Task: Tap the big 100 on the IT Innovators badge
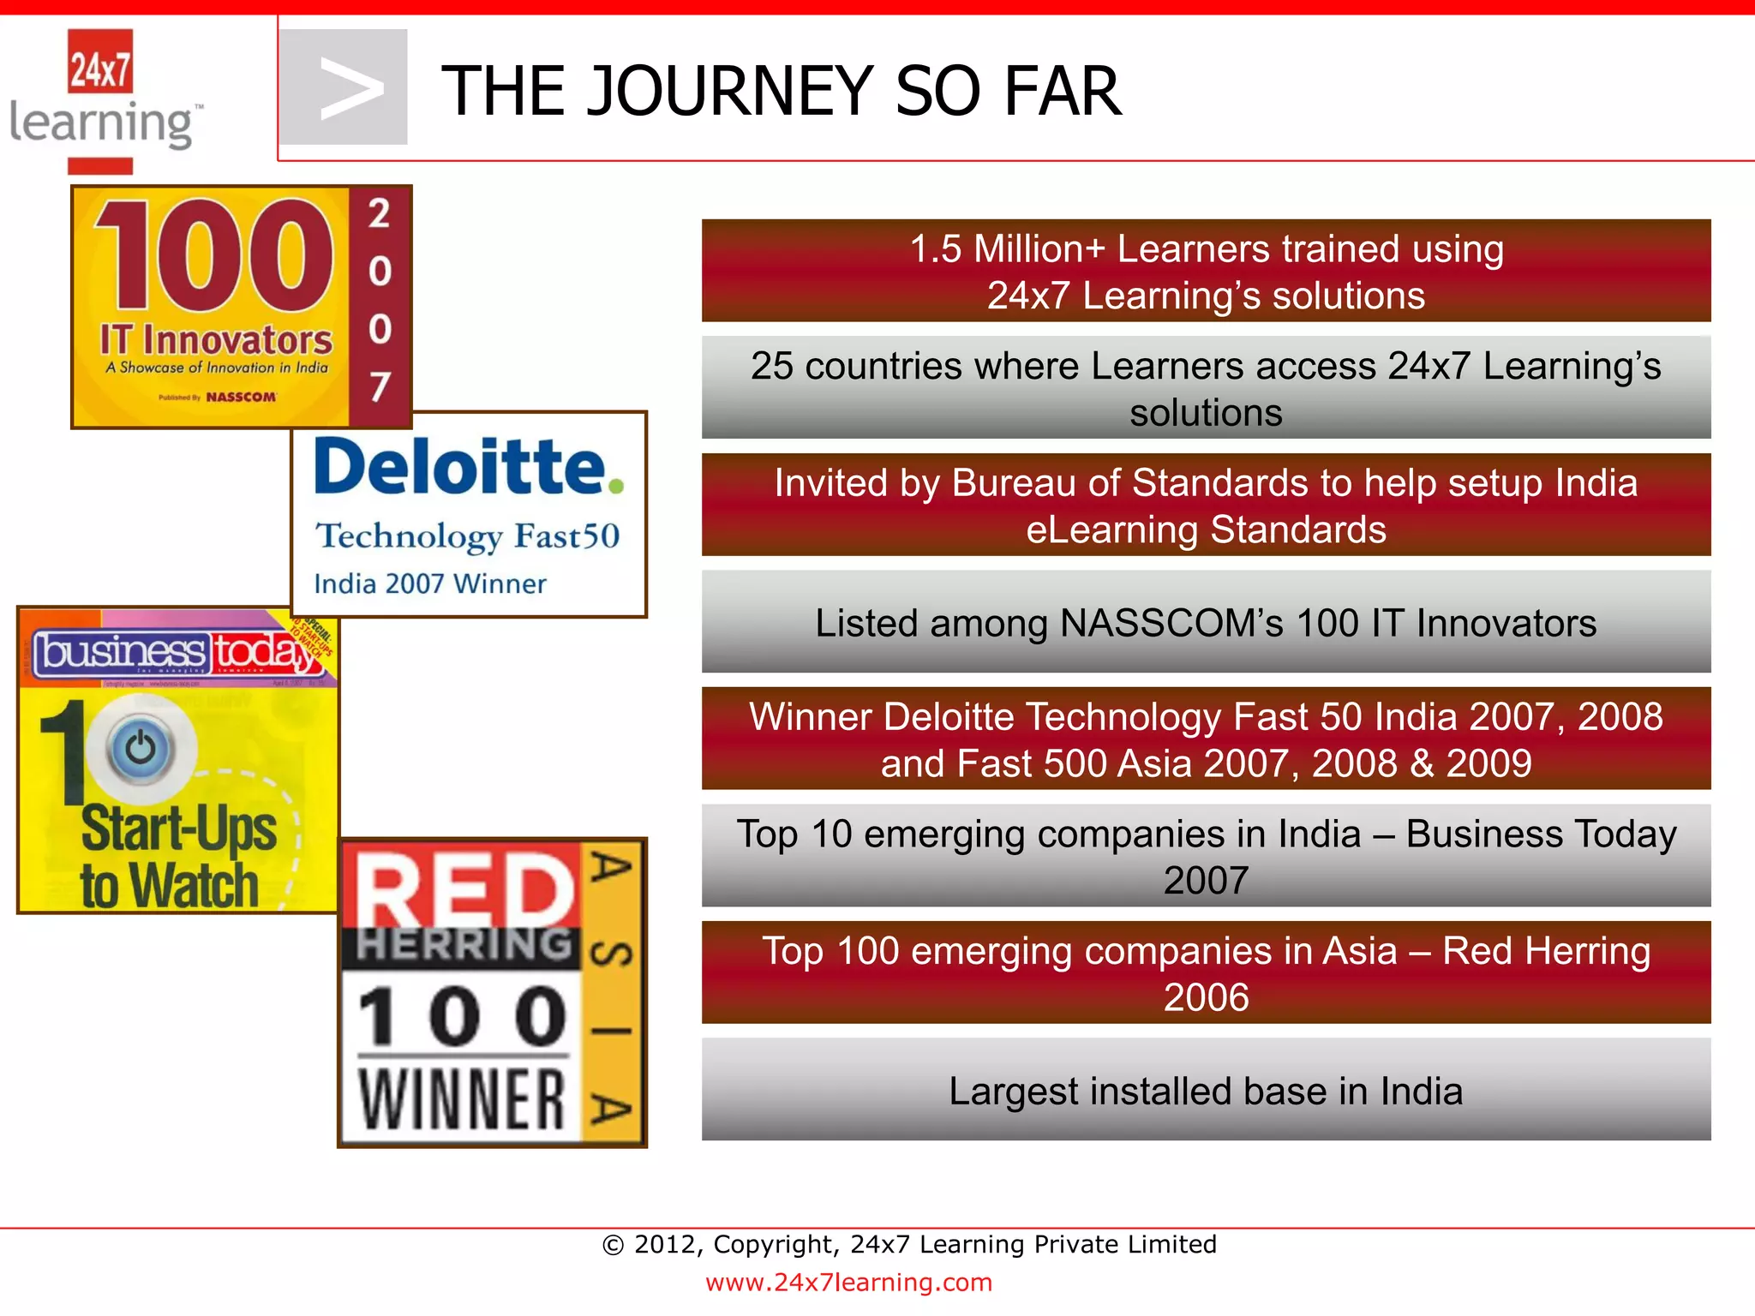click(213, 254)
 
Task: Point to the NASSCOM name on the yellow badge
click(241, 397)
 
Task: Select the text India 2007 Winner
click(429, 584)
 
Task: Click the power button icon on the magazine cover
click(141, 749)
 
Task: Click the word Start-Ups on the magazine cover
click(178, 829)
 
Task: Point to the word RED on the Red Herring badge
click(463, 888)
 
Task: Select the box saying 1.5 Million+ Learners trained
click(1205, 271)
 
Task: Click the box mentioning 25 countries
click(1205, 388)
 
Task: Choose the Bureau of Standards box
click(1205, 505)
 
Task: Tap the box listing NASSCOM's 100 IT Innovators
click(1205, 623)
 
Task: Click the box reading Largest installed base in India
click(1205, 1091)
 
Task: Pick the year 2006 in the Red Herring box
click(1205, 997)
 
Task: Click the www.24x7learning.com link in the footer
click(848, 1283)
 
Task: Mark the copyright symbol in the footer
click(613, 1245)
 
